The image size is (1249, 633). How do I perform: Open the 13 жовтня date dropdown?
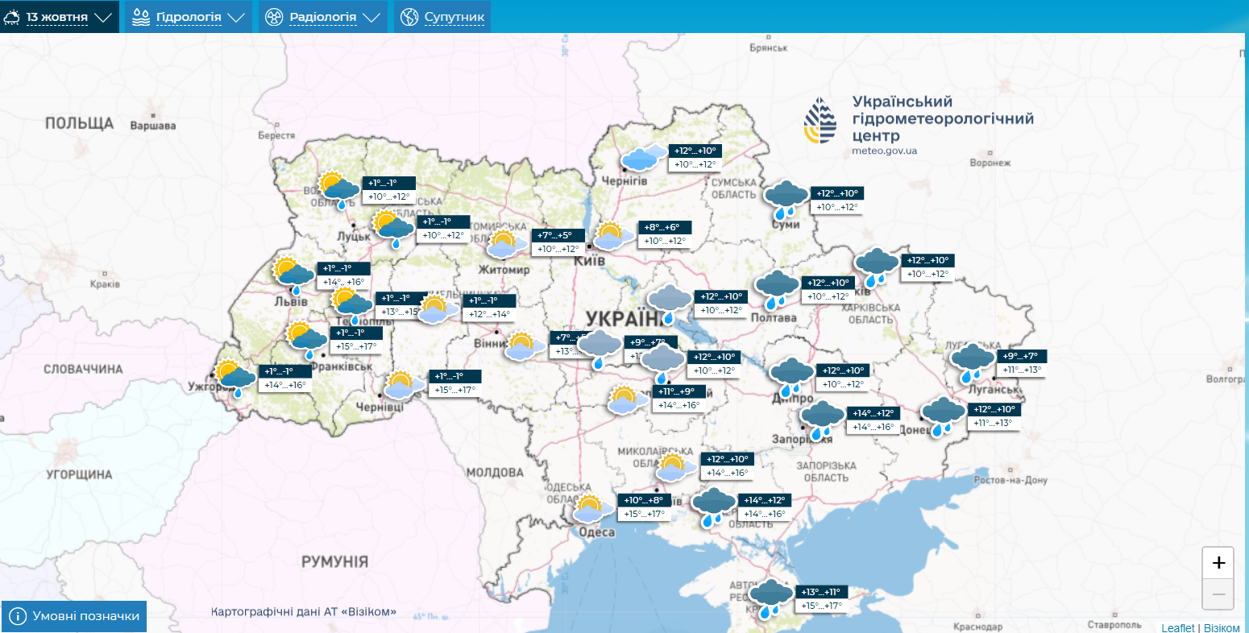pyautogui.click(x=58, y=17)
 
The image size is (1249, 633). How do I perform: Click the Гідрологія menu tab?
pyautogui.click(x=188, y=17)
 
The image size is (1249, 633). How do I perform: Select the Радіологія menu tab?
pyautogui.click(x=322, y=17)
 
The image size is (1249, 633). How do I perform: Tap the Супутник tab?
pyautogui.click(x=442, y=17)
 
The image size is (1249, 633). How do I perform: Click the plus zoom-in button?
pyautogui.click(x=1218, y=562)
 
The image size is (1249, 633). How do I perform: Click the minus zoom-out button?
pyautogui.click(x=1218, y=594)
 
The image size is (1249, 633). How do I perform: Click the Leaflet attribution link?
pyautogui.click(x=1178, y=627)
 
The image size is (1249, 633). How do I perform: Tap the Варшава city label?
pyautogui.click(x=152, y=126)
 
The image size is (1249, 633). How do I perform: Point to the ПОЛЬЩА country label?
pyautogui.click(x=79, y=123)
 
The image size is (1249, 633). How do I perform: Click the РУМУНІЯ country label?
pyautogui.click(x=334, y=561)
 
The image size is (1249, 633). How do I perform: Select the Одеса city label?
pyautogui.click(x=597, y=532)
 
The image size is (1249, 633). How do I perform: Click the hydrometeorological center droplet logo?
pyautogui.click(x=820, y=121)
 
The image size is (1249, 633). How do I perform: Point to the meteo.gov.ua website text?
pyautogui.click(x=884, y=151)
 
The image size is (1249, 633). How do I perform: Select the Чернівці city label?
pyautogui.click(x=380, y=408)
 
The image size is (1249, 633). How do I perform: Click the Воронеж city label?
pyautogui.click(x=990, y=163)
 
